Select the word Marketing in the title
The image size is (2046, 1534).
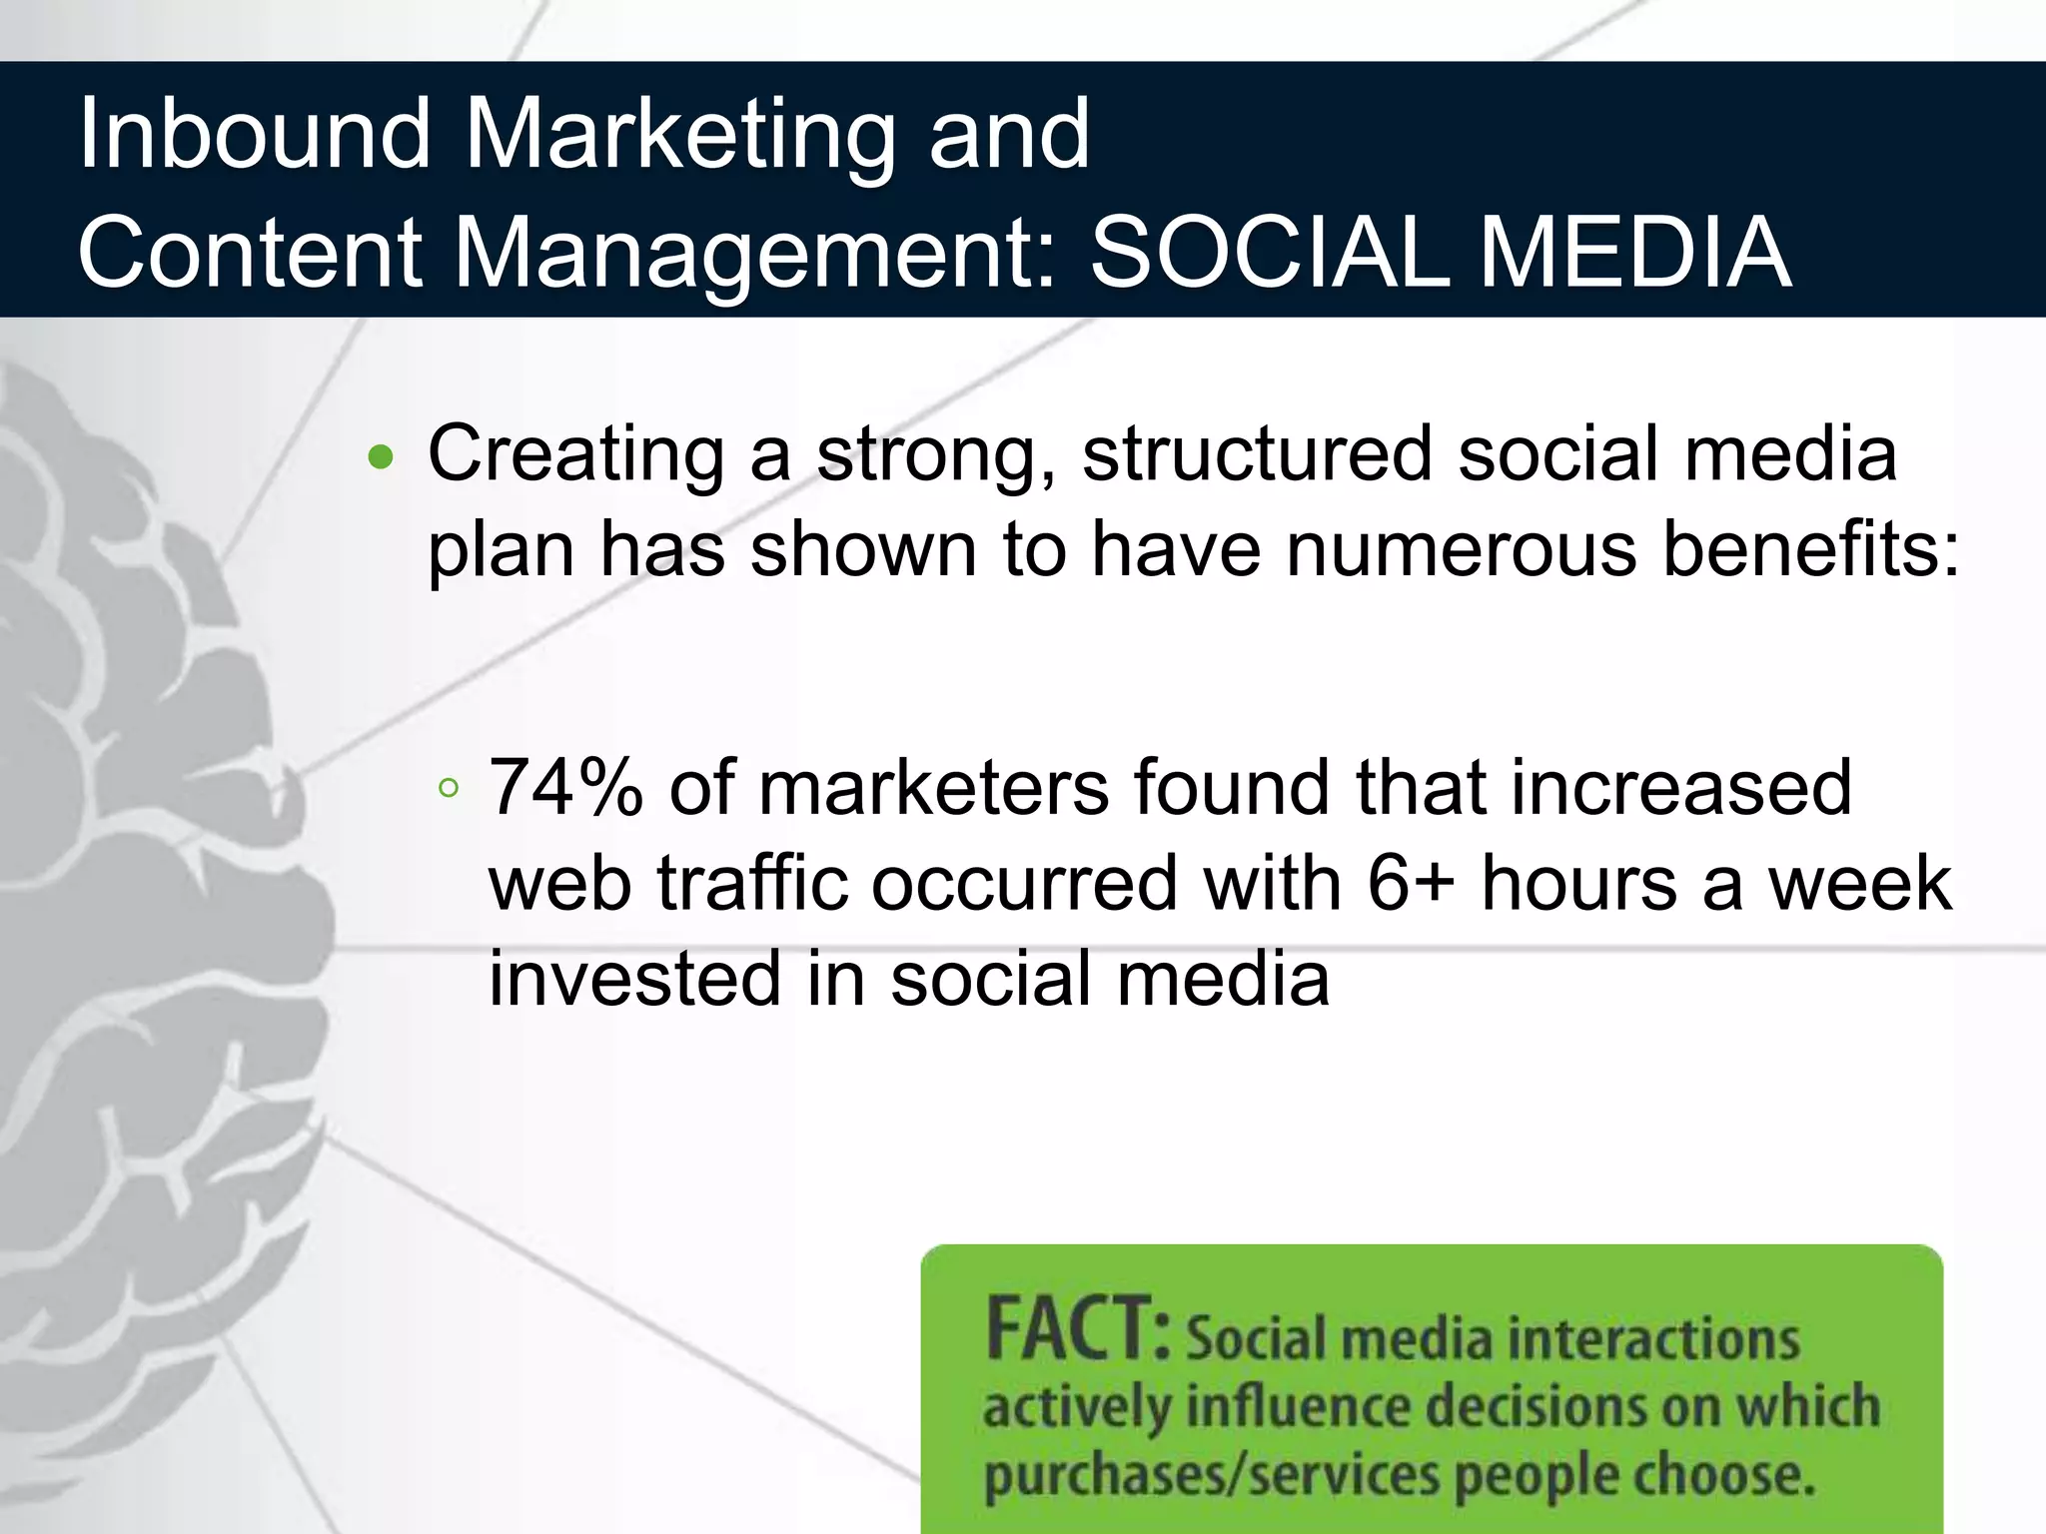tap(679, 138)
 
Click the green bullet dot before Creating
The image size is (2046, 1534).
tap(381, 458)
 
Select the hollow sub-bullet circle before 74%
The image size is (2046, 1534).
tap(449, 789)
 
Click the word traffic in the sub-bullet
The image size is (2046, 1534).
tap(751, 884)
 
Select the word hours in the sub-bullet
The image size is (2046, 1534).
tap(1578, 884)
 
